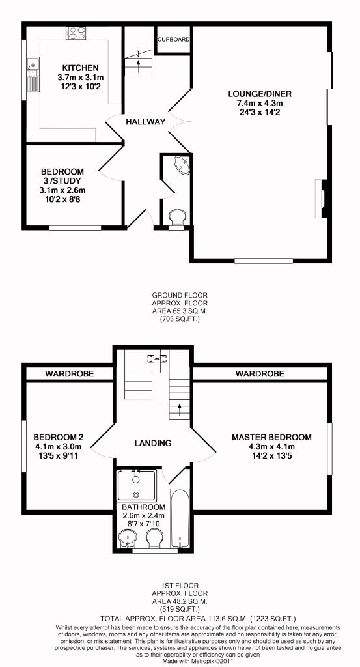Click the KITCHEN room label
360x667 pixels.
pyautogui.click(x=80, y=68)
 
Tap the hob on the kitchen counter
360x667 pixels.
pyautogui.click(x=77, y=33)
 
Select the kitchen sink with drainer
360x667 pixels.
pyautogui.click(x=33, y=74)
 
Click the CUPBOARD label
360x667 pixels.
pyautogui.click(x=173, y=40)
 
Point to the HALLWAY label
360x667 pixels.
pyautogui.click(x=145, y=122)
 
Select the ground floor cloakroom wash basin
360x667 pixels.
pyautogui.click(x=182, y=165)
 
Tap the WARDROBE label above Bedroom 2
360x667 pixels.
pyautogui.click(x=70, y=374)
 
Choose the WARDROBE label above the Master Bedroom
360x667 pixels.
pyautogui.click(x=260, y=374)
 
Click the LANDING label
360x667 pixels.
pyautogui.click(x=153, y=443)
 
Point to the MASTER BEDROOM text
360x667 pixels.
pyautogui.click(x=271, y=437)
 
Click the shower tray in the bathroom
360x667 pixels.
pyautogui.click(x=137, y=486)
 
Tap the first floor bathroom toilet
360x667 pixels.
pyautogui.click(x=154, y=539)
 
